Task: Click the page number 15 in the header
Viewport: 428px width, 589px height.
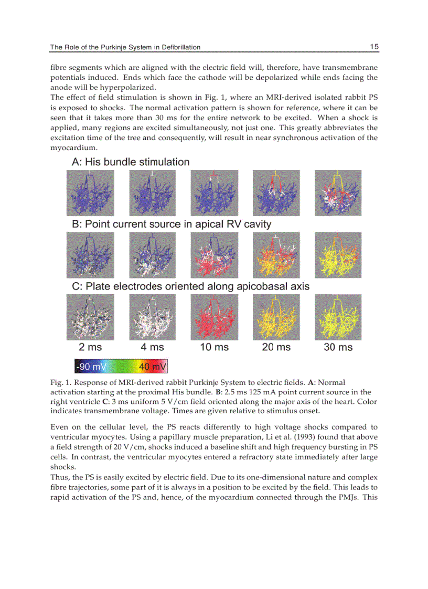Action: (x=374, y=47)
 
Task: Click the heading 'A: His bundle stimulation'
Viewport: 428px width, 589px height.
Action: (x=130, y=162)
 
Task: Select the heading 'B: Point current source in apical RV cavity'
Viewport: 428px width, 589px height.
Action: (x=172, y=224)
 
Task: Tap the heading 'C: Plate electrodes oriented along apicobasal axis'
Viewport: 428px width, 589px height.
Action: (x=190, y=286)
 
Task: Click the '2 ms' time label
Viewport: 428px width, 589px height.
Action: (x=90, y=347)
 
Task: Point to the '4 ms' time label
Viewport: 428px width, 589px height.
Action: (x=152, y=347)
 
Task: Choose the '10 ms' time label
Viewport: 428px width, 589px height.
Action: (x=214, y=347)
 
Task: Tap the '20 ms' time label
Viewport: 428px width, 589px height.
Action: (x=276, y=347)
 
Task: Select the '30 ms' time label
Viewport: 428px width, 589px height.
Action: (x=338, y=347)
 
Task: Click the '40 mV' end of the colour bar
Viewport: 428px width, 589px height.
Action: (x=153, y=366)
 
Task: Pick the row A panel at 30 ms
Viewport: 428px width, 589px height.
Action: (x=338, y=193)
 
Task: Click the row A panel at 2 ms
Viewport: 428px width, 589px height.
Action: (x=90, y=193)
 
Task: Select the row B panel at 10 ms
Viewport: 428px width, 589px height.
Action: (x=214, y=255)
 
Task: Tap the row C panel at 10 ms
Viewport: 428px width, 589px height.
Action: (x=214, y=317)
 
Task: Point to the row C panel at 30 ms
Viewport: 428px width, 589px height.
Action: (x=338, y=317)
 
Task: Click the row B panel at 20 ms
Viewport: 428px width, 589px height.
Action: (x=276, y=255)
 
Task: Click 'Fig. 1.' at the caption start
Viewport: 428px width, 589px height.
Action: (x=60, y=382)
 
